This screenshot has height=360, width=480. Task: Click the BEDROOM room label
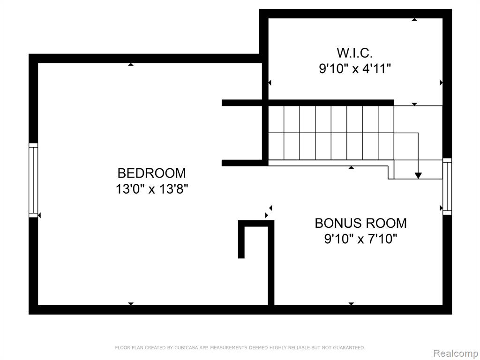(151, 173)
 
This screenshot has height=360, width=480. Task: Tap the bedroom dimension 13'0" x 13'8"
(151, 189)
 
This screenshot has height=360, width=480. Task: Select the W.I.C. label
(355, 53)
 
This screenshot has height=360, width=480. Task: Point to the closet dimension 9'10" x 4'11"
(355, 68)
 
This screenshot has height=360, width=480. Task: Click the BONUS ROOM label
(360, 223)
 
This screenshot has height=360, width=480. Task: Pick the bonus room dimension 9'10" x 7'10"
(360, 239)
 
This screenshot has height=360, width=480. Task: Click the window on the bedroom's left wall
(33, 180)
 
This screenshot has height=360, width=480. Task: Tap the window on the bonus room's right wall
(447, 186)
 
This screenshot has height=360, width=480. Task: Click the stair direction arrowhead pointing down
(418, 176)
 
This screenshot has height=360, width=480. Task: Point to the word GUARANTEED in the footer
(349, 348)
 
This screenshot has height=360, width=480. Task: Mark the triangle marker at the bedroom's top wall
(131, 64)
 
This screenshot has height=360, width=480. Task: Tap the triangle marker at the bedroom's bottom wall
(131, 304)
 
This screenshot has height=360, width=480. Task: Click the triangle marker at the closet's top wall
(414, 20)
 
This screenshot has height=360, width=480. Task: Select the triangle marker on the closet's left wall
(270, 82)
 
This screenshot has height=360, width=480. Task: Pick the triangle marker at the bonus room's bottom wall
(351, 304)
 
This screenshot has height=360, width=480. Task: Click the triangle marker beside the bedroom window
(39, 216)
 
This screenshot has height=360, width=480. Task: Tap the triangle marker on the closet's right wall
(441, 82)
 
